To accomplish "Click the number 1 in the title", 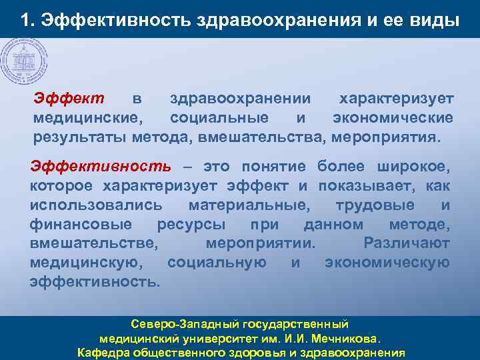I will click(25, 21).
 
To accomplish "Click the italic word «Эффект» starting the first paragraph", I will click(69, 99).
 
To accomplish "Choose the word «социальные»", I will click(219, 118).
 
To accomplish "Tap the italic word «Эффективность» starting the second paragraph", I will click(101, 165).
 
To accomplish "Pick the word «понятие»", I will click(277, 165).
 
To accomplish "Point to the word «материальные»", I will click(249, 204).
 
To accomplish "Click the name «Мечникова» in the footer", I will click(345, 338).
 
